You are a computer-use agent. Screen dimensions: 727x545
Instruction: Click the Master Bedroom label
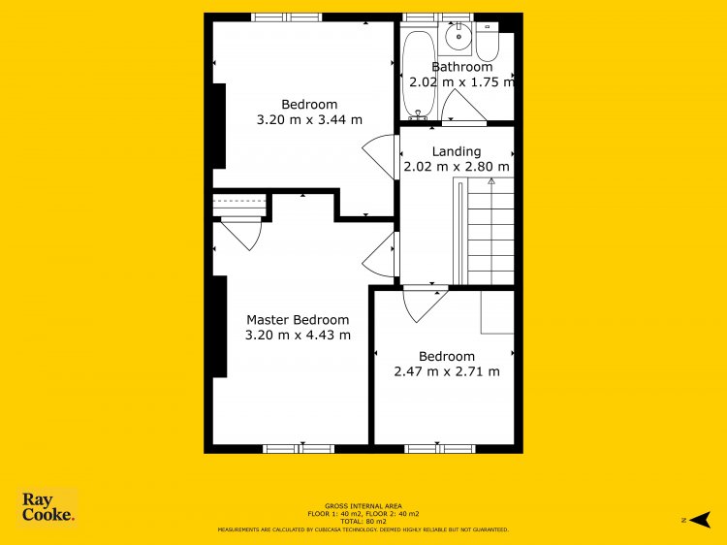(x=298, y=320)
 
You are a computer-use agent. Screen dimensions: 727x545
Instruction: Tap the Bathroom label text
(x=461, y=67)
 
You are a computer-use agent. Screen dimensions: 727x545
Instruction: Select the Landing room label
(x=457, y=151)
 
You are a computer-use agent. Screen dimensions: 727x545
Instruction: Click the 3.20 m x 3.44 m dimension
(x=309, y=119)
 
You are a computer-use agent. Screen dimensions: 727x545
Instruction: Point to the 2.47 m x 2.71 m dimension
(x=447, y=371)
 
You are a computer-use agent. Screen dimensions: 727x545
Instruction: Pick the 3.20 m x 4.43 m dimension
(x=298, y=335)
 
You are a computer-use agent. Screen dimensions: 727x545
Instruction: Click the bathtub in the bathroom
(x=419, y=75)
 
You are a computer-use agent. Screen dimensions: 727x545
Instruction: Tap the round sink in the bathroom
(x=458, y=36)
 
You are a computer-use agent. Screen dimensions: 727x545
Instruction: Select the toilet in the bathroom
(x=488, y=43)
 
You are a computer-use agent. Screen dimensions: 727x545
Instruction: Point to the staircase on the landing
(x=484, y=231)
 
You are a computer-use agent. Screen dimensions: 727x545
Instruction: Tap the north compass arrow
(x=700, y=520)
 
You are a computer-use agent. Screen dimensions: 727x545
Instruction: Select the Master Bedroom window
(x=299, y=449)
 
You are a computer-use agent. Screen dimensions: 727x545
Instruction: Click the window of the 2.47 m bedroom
(x=440, y=449)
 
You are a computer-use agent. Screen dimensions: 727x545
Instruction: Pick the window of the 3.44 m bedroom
(x=287, y=17)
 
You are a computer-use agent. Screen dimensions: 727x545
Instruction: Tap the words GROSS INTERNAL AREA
(x=363, y=506)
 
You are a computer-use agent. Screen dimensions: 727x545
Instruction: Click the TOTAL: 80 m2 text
(x=363, y=522)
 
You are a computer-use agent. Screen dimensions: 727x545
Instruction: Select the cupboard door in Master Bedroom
(x=241, y=234)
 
